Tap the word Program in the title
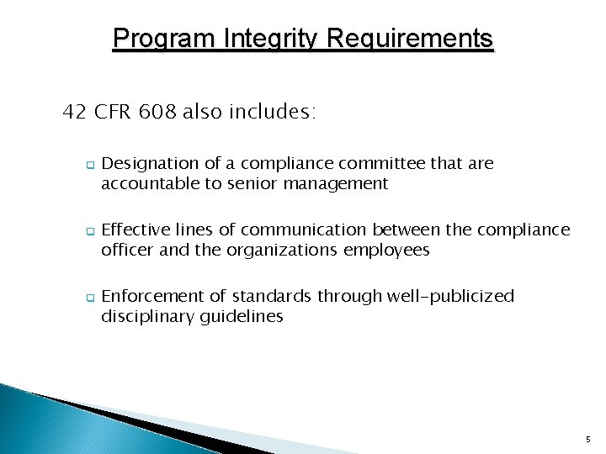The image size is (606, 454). [x=162, y=39]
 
